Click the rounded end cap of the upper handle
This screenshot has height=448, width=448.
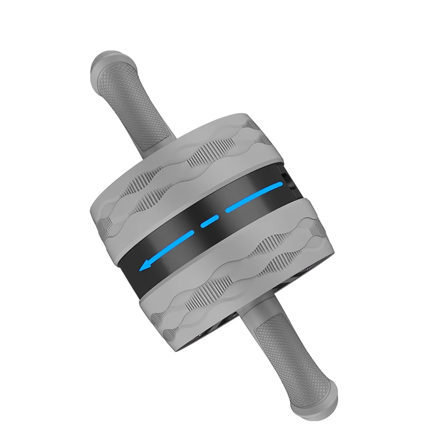coord(101,64)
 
